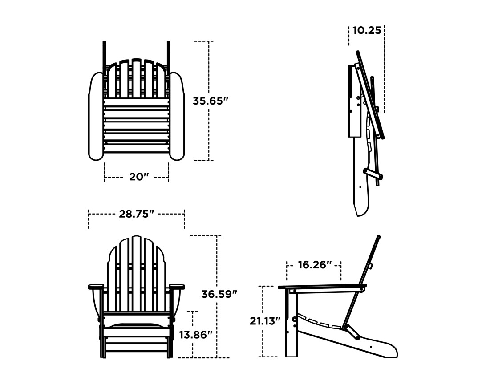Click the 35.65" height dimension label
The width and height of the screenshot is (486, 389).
210,101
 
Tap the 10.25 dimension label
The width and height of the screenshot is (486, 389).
367,30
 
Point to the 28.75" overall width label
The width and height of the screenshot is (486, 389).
136,214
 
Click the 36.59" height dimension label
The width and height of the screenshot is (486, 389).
219,294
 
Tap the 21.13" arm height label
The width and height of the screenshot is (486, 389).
265,321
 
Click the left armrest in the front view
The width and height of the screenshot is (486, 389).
96,287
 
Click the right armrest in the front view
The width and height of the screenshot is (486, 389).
177,287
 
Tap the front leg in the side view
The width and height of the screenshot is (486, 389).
291,325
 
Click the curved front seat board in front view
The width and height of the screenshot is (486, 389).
136,326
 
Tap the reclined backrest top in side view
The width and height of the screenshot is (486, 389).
378,238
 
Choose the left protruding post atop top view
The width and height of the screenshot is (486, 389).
105,53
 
